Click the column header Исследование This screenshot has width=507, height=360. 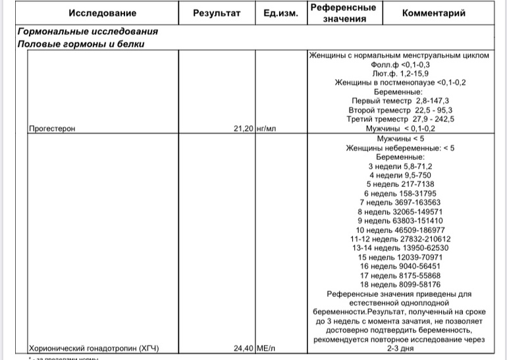pos(102,13)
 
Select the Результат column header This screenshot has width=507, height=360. pos(217,13)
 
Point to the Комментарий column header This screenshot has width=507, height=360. pos(433,13)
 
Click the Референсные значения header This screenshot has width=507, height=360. pos(343,13)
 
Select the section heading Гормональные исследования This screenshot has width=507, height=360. pos(88,32)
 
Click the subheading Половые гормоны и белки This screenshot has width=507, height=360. pos(81,44)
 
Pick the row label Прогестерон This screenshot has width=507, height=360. pos(52,129)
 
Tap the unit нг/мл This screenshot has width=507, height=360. pos(265,129)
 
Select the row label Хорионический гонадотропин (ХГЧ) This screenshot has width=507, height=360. pos(94,349)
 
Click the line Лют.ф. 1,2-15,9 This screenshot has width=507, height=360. pos(400,74)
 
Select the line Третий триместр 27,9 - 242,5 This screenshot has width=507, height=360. pos(400,120)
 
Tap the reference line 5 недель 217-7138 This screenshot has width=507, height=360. pos(400,185)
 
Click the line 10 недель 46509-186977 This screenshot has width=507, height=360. pos(400,230)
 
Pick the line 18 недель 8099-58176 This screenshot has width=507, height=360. pos(400,285)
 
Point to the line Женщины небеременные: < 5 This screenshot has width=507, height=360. pos(400,149)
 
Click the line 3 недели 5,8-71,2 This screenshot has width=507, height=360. pos(400,167)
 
